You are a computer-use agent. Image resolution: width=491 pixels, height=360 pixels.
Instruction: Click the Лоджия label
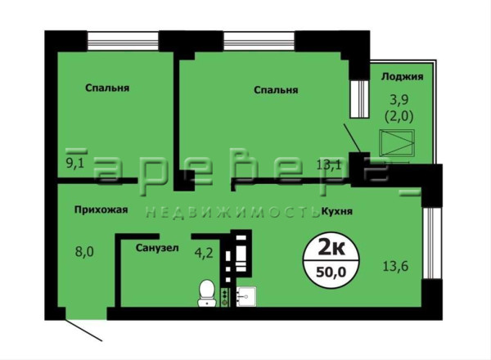pos(402,77)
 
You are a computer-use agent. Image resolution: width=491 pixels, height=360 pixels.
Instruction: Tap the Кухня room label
pos(337,211)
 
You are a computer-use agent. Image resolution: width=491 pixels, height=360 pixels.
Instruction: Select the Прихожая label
pos(101,209)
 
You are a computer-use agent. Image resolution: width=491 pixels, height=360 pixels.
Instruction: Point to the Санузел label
pos(157,248)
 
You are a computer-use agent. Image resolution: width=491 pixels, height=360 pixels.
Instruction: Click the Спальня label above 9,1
pos(107,88)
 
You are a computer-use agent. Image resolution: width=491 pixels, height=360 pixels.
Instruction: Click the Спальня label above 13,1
pos(276,90)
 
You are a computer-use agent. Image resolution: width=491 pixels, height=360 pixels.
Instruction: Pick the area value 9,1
pos(75,163)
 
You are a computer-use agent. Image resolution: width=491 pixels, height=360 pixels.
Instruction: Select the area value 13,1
pos(328,164)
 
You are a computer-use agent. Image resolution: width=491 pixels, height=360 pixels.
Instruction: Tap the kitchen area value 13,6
pos(396,267)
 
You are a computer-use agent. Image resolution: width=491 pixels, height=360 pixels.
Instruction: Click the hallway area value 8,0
pos(84,251)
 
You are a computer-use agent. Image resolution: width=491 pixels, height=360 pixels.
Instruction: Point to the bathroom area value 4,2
pos(204,253)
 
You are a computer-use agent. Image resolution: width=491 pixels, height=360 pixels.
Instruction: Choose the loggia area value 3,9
pos(399,100)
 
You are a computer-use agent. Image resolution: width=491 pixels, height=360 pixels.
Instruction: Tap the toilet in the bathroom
pos(207,293)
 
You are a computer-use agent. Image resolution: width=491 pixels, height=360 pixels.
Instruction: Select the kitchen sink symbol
pos(246,296)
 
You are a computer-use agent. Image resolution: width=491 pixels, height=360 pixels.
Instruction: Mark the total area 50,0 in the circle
pos(331,272)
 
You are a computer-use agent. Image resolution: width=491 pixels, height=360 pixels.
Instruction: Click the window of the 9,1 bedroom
pos(123,41)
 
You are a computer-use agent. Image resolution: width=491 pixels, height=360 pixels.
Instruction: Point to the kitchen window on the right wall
pos(428,243)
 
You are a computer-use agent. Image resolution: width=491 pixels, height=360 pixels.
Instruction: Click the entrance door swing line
pos(84,330)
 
